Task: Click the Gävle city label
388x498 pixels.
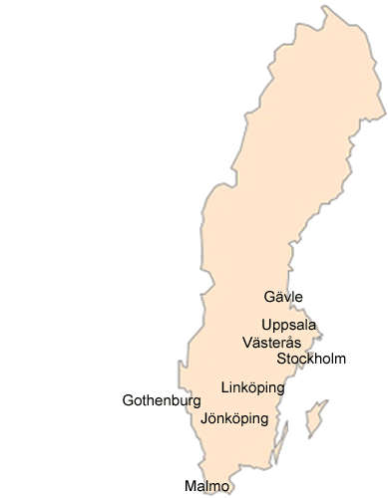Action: pos(283,297)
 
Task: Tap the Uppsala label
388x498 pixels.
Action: pos(289,325)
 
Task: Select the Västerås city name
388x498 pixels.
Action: pos(271,342)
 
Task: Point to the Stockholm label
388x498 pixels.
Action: pos(312,359)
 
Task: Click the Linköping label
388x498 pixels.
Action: pos(252,386)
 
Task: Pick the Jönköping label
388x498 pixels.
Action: pos(234,419)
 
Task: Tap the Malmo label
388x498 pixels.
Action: pos(206,485)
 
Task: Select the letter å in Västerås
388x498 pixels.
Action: pos(289,342)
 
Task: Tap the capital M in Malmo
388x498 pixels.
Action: pos(190,485)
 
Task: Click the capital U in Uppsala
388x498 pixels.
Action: pos(266,325)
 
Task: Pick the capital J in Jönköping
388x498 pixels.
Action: pos(203,419)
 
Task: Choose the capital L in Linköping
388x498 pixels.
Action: pos(223,386)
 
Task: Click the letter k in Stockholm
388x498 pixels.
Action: pos(309,359)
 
